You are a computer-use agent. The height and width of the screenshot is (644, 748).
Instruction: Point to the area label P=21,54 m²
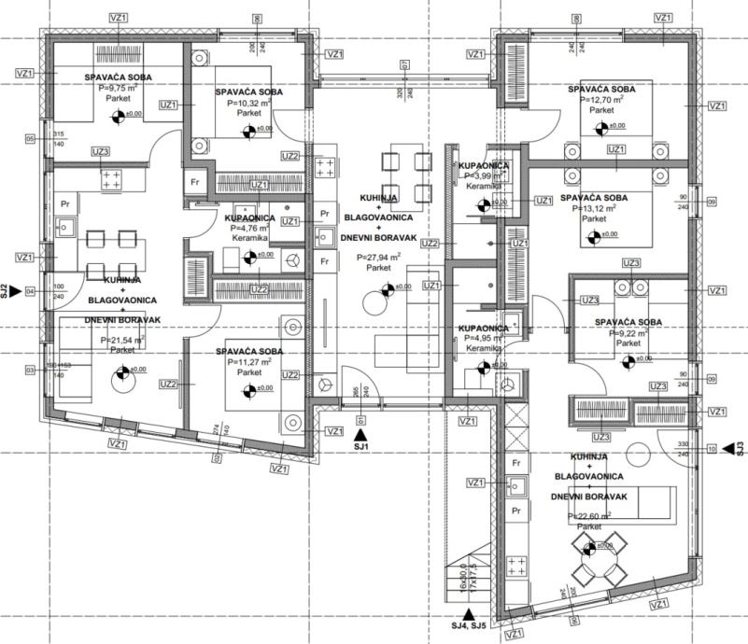(122, 341)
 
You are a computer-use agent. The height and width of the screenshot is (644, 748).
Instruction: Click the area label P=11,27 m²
(247, 362)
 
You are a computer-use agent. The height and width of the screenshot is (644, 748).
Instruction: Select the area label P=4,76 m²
(250, 228)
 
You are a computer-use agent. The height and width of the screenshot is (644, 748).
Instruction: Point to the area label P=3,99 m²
(483, 175)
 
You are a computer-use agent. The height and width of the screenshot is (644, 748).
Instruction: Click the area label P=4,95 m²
(483, 339)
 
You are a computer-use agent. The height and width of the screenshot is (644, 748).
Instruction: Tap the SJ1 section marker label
(361, 448)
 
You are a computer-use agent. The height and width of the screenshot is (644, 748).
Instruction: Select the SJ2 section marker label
(5, 291)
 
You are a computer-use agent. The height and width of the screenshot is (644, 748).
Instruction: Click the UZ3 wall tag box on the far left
(101, 151)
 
